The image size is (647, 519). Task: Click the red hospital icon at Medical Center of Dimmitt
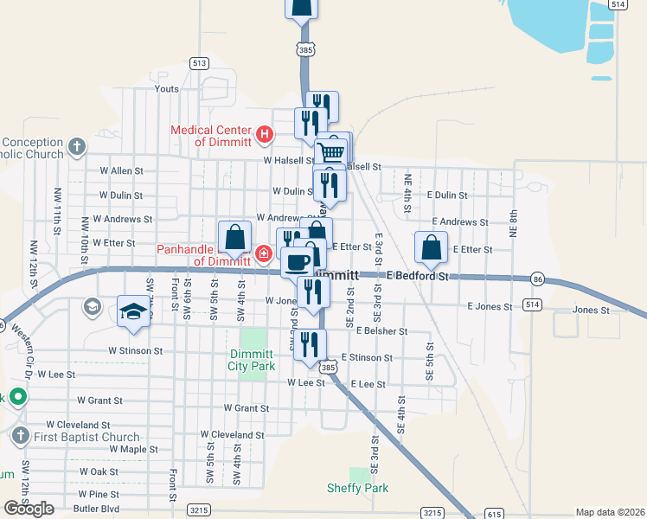[x=266, y=135]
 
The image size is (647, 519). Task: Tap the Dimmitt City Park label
[x=253, y=360]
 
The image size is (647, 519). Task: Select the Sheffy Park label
[x=357, y=488]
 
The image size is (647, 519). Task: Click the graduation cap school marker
[x=134, y=311]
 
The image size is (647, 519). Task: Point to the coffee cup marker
[x=298, y=261]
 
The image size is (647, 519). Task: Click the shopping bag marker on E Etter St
[x=432, y=247]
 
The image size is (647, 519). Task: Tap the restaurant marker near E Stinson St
[x=310, y=344]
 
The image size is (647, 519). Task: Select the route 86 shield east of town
[x=538, y=279]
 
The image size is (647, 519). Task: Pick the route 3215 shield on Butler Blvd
[x=199, y=511]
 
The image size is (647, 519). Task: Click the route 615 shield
[x=494, y=513]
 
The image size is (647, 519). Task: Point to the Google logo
[x=29, y=509]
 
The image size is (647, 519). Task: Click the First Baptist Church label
[x=86, y=437]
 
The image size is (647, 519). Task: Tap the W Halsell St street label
[x=288, y=161]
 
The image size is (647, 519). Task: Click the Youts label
[x=166, y=88]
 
